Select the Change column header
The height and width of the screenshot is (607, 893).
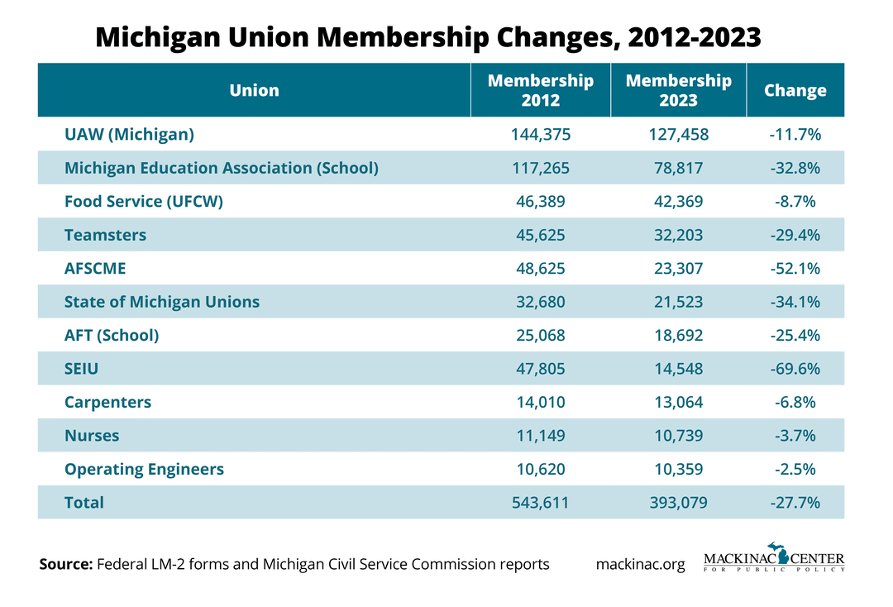click(795, 90)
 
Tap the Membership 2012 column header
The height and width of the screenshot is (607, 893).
click(541, 90)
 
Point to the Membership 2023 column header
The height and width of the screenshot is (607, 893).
click(678, 90)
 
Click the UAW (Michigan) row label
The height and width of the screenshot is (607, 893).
click(129, 134)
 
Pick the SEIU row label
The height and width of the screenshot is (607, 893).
click(81, 369)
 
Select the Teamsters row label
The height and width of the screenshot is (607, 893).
click(105, 235)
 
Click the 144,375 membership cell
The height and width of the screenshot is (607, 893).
click(541, 134)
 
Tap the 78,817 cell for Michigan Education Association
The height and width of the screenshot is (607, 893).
click(678, 168)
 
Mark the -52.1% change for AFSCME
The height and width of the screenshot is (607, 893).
click(795, 269)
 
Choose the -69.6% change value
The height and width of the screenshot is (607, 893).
click(795, 369)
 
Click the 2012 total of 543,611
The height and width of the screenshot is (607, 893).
click(541, 502)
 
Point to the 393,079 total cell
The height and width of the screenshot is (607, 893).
click(678, 502)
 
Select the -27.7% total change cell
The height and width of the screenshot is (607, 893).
click(795, 502)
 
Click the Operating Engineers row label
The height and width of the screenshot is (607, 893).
click(144, 469)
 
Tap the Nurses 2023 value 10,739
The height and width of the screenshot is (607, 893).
click(678, 436)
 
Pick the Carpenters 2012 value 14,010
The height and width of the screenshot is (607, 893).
click(541, 402)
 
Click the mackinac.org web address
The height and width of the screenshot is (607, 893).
click(640, 565)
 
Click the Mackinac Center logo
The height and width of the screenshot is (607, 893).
click(774, 557)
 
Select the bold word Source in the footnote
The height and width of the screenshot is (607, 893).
click(66, 565)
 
